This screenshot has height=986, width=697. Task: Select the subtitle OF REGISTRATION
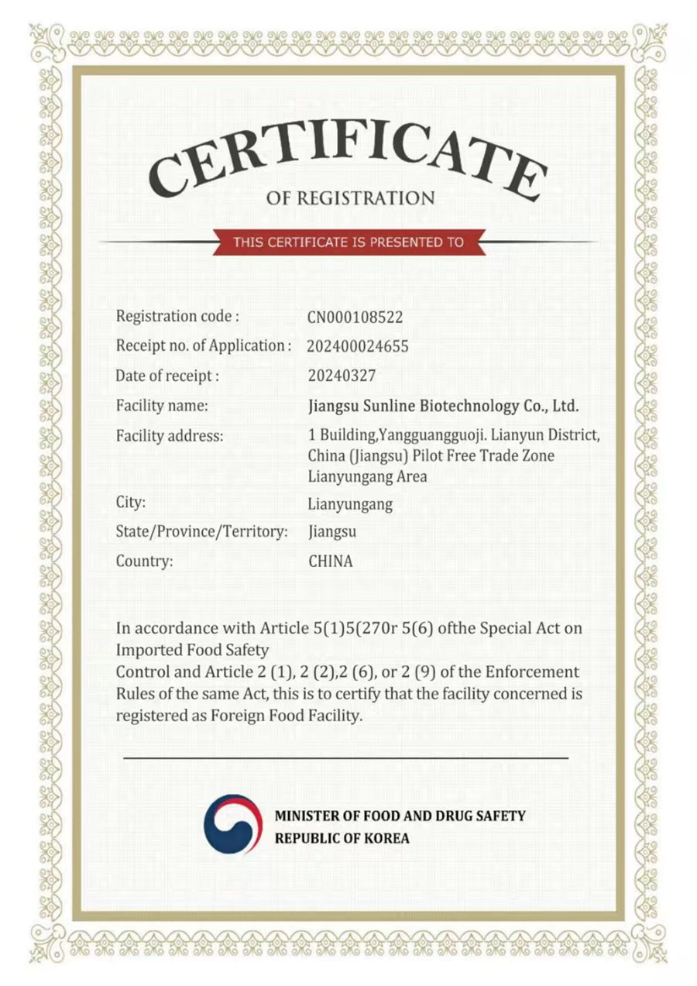(x=350, y=198)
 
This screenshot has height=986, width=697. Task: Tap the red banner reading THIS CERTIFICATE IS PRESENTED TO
(x=348, y=242)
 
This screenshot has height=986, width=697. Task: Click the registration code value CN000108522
(x=355, y=318)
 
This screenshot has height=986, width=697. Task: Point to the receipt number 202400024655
(x=358, y=347)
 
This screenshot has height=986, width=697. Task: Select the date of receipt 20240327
(x=342, y=376)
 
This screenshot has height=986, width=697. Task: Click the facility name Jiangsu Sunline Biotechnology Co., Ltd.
(x=443, y=406)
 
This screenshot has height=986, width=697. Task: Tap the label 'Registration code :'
(x=177, y=316)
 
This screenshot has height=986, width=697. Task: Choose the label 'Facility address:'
(x=170, y=436)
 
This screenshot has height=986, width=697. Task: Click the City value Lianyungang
(x=350, y=505)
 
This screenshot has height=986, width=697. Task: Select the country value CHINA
(x=330, y=562)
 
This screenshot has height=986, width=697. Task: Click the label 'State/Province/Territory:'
(x=201, y=532)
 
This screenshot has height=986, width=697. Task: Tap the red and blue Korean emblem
(x=233, y=824)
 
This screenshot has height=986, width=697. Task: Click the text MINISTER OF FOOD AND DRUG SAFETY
(x=400, y=816)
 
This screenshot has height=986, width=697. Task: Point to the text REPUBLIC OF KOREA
(x=342, y=838)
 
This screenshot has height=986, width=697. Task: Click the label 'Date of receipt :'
(x=167, y=376)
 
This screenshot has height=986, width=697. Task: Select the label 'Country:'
(x=144, y=561)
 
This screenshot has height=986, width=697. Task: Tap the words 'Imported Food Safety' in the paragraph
(x=192, y=649)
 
